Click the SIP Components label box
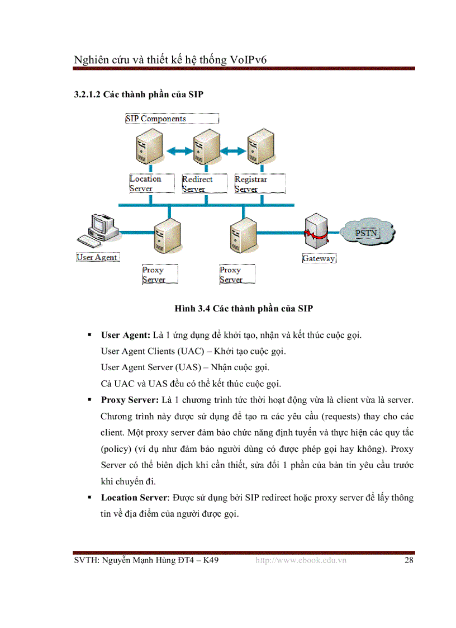[x=171, y=119]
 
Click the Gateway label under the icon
[x=319, y=258]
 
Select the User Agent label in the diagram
[x=97, y=257]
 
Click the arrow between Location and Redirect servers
[x=177, y=150]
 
